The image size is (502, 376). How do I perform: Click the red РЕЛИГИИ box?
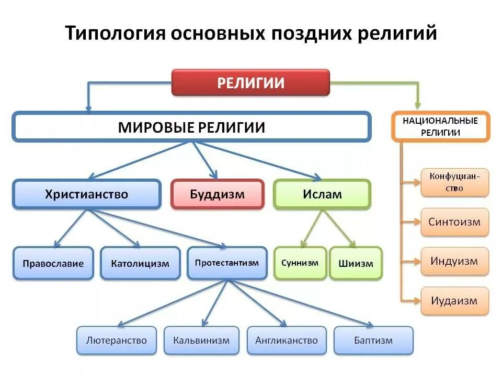coord(250,83)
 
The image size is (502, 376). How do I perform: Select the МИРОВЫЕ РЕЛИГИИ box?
coord(191,127)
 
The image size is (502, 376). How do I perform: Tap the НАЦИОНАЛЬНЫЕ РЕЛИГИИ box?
coord(440,127)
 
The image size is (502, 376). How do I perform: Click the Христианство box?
coord(87,194)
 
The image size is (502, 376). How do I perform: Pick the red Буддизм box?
coord(217,194)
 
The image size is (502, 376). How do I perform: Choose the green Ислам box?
coord(322,194)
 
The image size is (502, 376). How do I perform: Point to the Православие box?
coord(53,263)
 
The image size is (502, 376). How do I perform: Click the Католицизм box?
coord(140,263)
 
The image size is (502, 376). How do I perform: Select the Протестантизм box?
coord(227,263)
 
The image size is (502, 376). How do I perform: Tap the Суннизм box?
coord(300,263)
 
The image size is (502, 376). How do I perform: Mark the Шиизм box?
coord(356,263)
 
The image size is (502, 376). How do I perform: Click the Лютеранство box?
coord(117,340)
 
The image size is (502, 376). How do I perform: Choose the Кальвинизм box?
coord(202,340)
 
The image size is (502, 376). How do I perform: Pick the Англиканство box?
coord(287,340)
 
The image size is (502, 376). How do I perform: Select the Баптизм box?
coord(373,340)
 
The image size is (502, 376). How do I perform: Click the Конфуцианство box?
coord(454,182)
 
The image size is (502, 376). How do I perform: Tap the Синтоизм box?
coord(454,222)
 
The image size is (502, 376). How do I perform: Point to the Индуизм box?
coord(454,261)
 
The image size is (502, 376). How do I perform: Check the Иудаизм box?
coord(454,301)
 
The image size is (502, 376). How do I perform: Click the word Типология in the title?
coord(112,33)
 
